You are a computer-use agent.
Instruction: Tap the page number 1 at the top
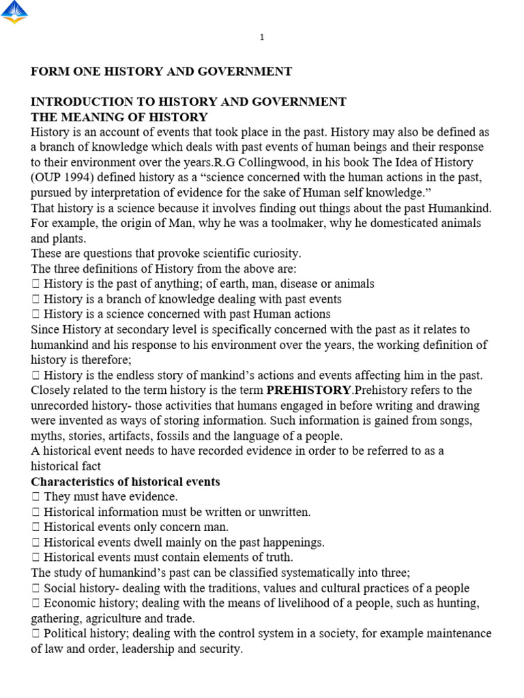coord(262,38)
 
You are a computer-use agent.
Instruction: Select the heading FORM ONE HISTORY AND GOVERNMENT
coord(161,72)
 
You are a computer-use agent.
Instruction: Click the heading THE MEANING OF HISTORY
coord(119,117)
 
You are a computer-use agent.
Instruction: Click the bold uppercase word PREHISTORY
coord(308,391)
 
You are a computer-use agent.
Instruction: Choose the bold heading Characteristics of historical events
coord(126,482)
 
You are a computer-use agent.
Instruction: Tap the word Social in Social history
coord(59,588)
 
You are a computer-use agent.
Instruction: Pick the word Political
coord(66,634)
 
